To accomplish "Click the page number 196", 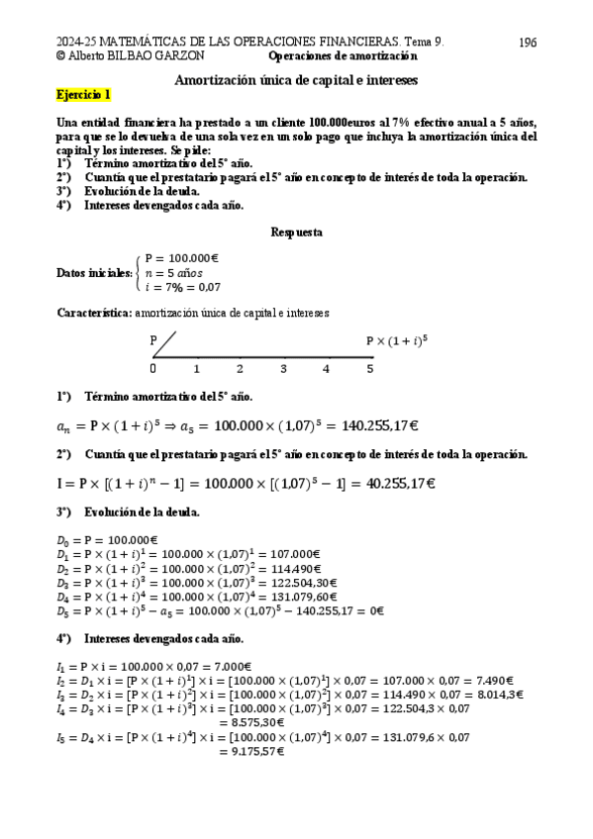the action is pos(528,43).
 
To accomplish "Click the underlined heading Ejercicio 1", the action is pos(84,95).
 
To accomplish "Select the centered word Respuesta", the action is pos(296,233).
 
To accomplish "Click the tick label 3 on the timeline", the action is pos(283,368).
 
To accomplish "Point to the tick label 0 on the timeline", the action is pos(152,368).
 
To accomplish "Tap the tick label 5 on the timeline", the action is pos(370,368).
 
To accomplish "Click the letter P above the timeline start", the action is pos(153,340).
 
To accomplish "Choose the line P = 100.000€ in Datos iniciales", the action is pos(181,258).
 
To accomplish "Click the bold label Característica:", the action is pos(94,312).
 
